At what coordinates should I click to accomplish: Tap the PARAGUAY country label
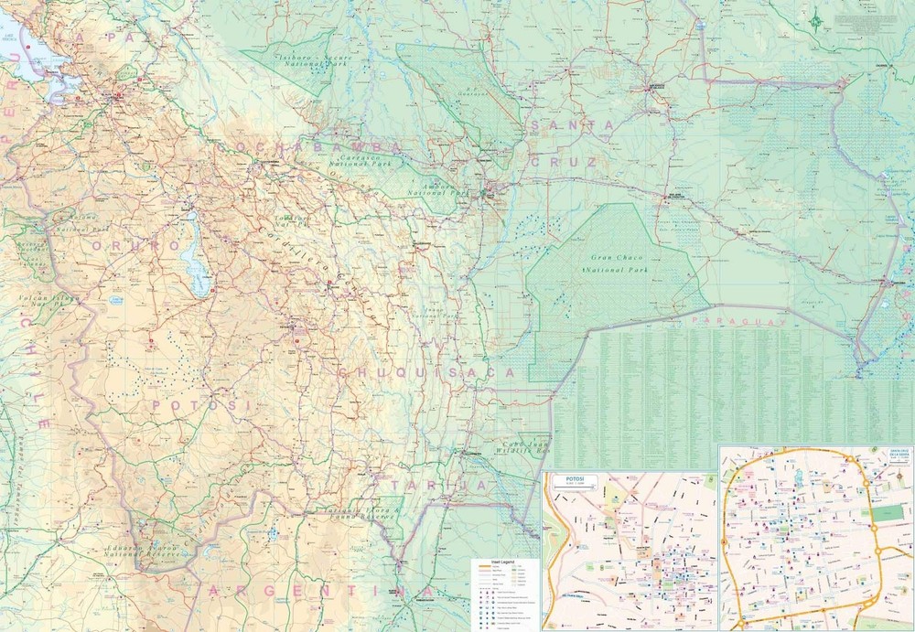(x=739, y=322)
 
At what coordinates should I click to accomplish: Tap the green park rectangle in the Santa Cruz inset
(x=886, y=513)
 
